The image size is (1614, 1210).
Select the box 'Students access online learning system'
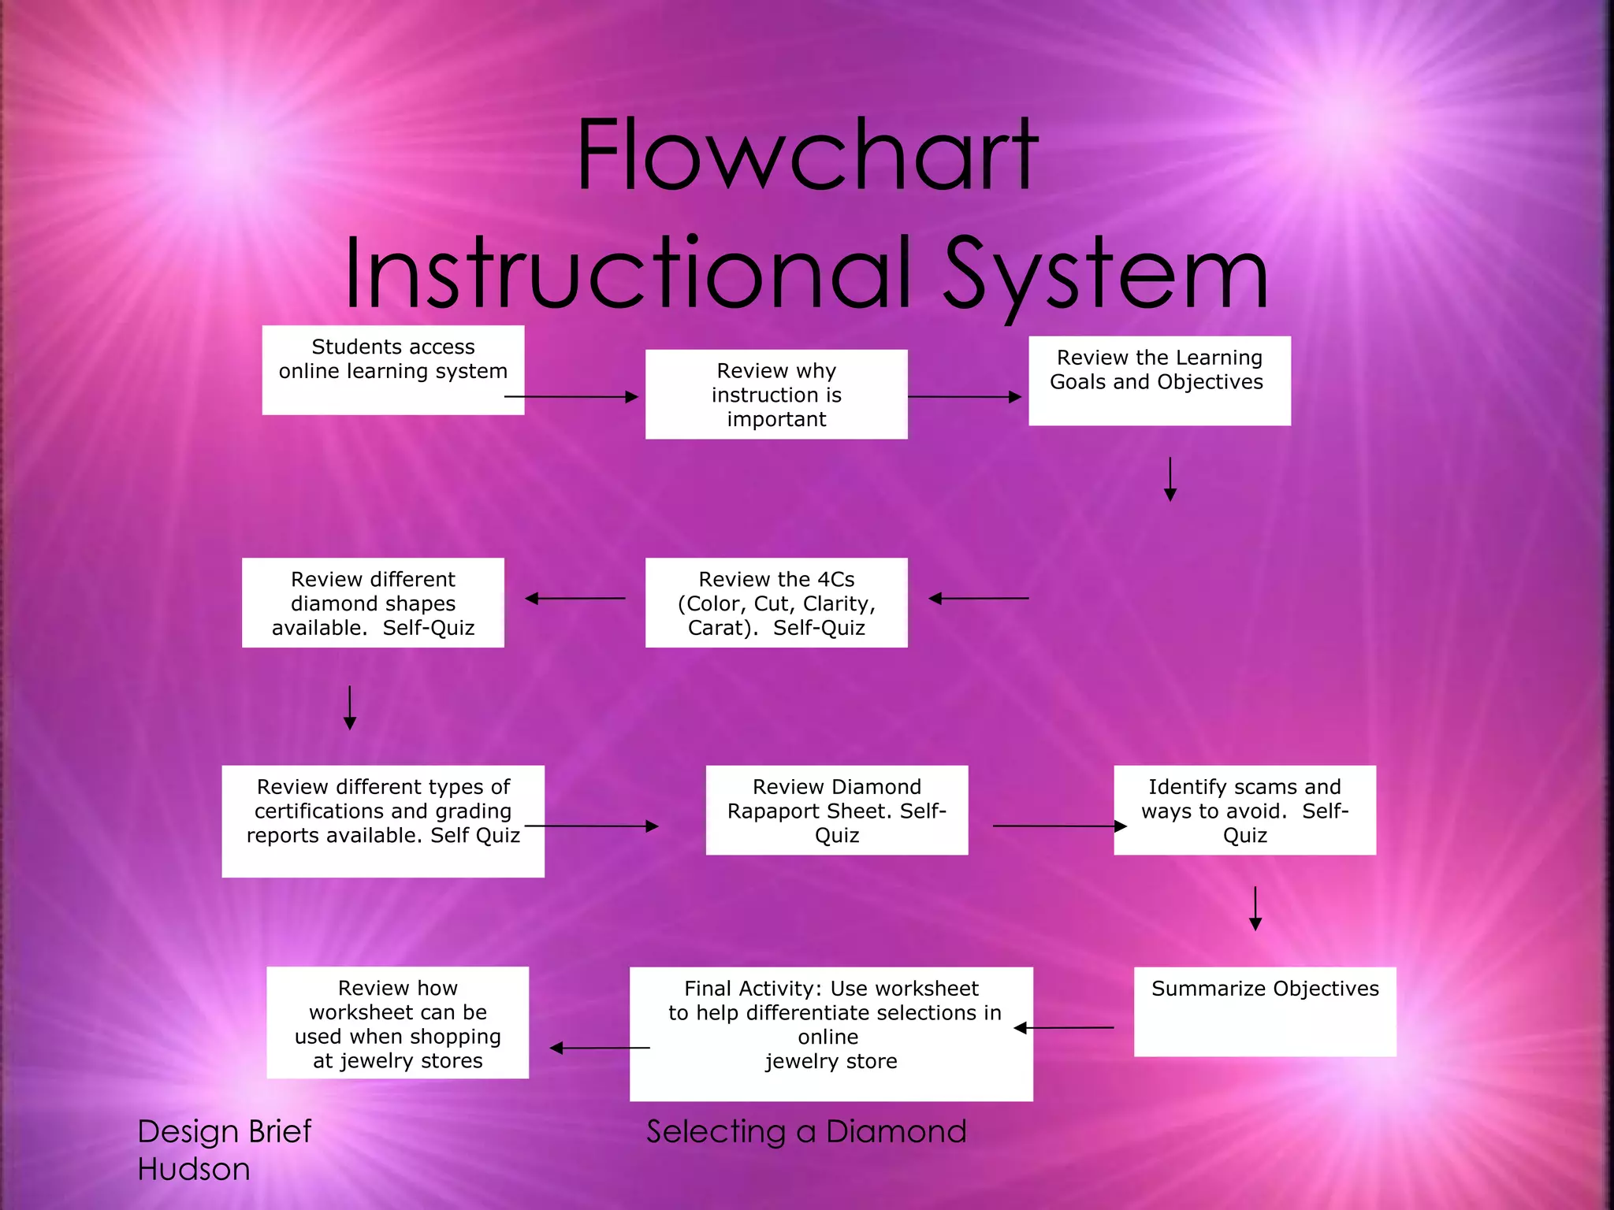coord(392,369)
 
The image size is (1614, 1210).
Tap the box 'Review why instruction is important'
coord(776,394)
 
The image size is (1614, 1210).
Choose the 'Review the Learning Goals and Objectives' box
coord(1159,380)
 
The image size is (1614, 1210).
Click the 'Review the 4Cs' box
coord(776,603)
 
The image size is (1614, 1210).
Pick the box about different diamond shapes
coord(373,603)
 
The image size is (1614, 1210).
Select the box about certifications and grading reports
coord(383,821)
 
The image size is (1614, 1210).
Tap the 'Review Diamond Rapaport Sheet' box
coord(836,810)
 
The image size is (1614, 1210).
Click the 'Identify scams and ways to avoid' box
coord(1244,810)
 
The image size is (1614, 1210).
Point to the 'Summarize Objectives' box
coord(1265,1011)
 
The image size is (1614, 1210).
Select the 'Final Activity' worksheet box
coord(831,1034)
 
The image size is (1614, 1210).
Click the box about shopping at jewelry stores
coord(397,1023)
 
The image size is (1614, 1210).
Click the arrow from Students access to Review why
coord(571,397)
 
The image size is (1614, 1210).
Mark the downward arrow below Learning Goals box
coord(1170,478)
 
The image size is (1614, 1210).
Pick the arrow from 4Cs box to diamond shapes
coord(575,599)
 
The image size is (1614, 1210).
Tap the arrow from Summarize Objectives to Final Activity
coord(1064,1028)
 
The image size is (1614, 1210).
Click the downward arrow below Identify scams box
coord(1255,907)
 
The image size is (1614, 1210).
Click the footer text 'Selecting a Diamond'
coord(806,1132)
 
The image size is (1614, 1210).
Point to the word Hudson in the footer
coord(194,1170)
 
